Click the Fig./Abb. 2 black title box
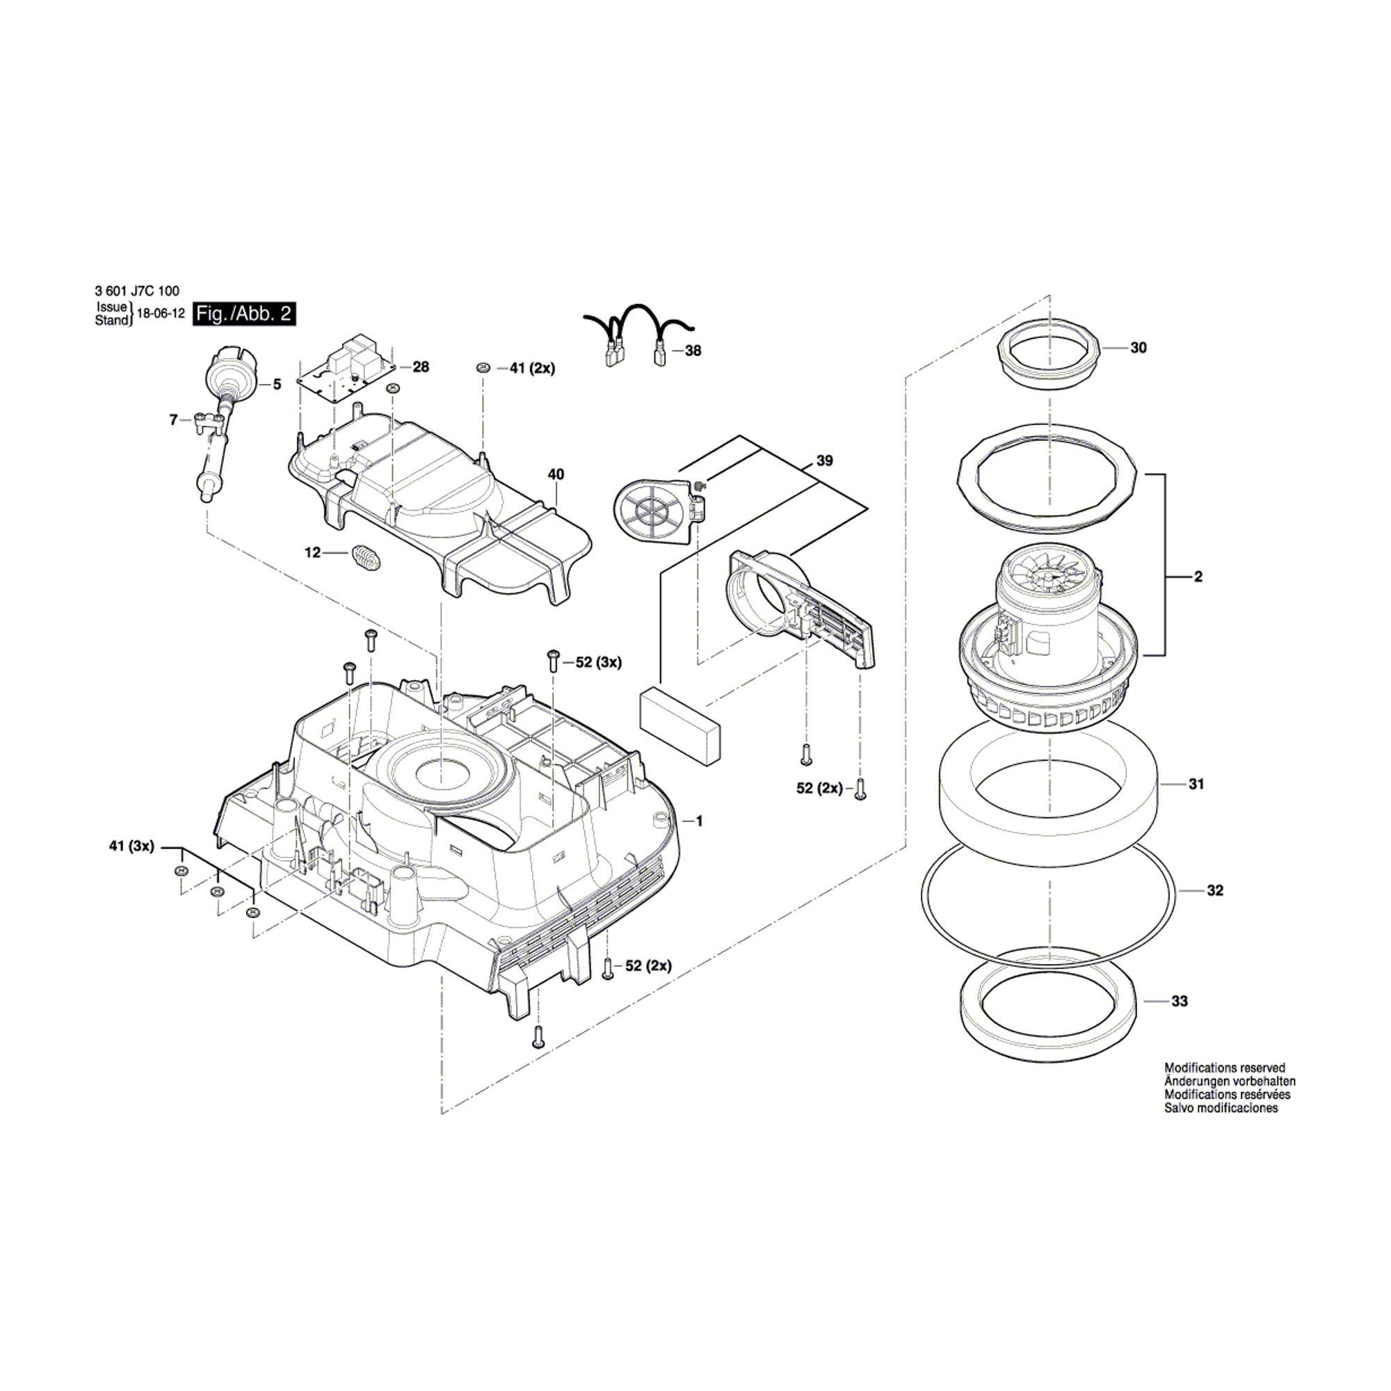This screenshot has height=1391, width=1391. (244, 314)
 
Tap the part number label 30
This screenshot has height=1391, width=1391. (1139, 348)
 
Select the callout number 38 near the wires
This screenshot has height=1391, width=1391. (693, 351)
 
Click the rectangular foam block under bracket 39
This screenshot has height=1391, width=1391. (679, 723)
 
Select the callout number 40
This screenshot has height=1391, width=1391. (556, 474)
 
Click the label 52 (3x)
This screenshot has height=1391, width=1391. (598, 662)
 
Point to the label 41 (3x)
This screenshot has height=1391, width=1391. (131, 846)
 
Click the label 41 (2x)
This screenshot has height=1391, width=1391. (532, 369)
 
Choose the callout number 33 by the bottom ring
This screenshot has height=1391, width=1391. (1180, 1001)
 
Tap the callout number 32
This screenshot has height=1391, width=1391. (1215, 891)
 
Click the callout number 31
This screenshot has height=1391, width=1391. (1196, 784)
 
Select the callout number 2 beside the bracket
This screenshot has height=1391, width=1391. (1198, 577)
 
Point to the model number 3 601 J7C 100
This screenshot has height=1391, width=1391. (137, 291)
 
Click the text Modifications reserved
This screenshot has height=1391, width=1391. (1225, 1068)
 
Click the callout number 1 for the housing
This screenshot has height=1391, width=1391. (698, 821)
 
